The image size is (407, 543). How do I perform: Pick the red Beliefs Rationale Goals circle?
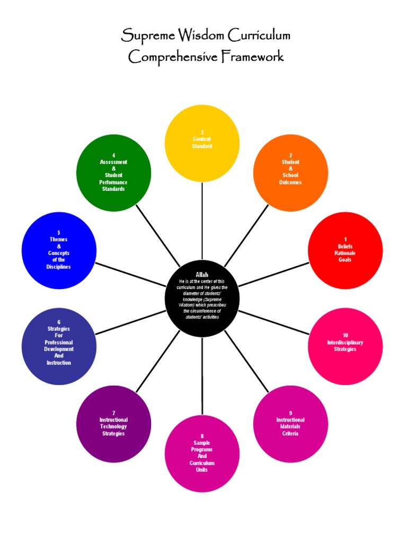[345, 250]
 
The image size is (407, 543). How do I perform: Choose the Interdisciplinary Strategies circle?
[345, 346]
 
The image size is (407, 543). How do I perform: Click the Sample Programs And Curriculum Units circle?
[202, 453]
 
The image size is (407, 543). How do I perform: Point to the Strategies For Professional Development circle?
[59, 346]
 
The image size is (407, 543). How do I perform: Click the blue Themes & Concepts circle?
[59, 250]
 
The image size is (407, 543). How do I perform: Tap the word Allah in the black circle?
[202, 274]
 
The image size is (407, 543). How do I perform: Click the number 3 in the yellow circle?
[202, 132]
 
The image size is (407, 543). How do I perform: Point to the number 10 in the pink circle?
[346, 336]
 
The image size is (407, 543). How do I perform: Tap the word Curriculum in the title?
[259, 37]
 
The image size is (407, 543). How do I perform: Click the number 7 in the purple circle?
[113, 413]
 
